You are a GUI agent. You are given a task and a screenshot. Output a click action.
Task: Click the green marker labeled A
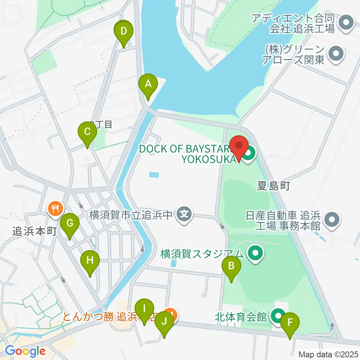pyautogui.click(x=148, y=84)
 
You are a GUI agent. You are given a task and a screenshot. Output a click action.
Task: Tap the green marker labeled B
pyautogui.click(x=231, y=266)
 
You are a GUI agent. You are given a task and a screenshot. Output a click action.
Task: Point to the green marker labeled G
pyautogui.click(x=70, y=223)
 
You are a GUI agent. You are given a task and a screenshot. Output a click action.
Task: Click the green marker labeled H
pyautogui.click(x=90, y=260)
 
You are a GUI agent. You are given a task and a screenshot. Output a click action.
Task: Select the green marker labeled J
pyautogui.click(x=164, y=322)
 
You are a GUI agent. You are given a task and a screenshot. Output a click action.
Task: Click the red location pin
pyautogui.click(x=239, y=145)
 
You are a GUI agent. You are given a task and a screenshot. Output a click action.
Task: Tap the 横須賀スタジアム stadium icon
pyautogui.click(x=255, y=254)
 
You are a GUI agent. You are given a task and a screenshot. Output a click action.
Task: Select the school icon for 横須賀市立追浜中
pyautogui.click(x=184, y=215)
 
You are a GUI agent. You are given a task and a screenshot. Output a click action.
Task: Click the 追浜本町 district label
pyautogui.click(x=34, y=231)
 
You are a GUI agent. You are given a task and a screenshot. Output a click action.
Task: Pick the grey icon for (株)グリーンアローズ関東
pyautogui.click(x=336, y=54)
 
